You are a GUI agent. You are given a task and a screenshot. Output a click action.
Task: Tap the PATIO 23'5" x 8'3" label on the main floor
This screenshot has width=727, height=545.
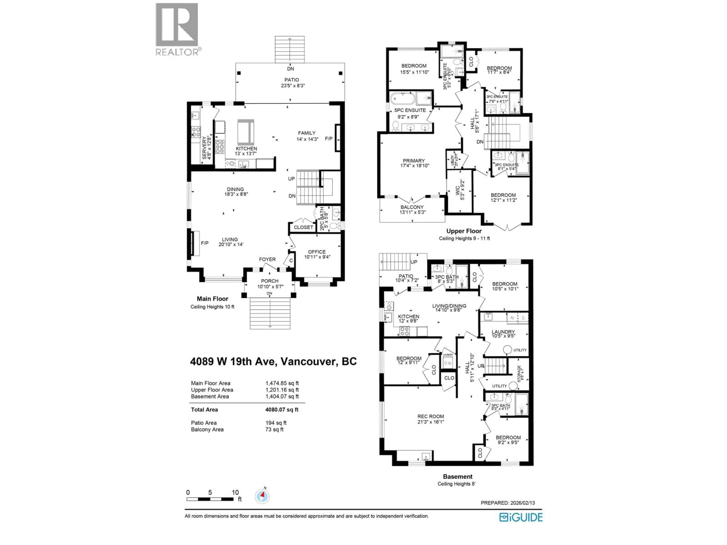click(x=292, y=83)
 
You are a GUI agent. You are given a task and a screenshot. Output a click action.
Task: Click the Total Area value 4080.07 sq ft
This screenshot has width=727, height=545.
click(x=282, y=410)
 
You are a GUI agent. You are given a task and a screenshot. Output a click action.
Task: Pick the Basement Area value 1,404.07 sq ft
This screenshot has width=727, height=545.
click(x=282, y=396)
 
